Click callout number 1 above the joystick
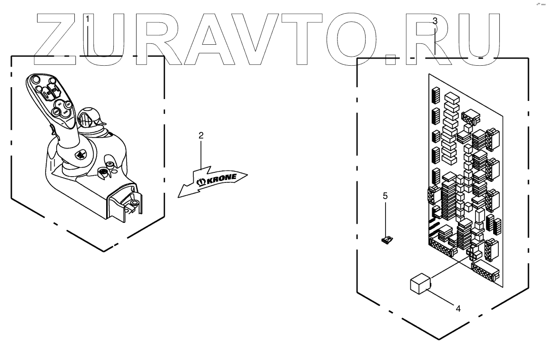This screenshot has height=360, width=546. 88,19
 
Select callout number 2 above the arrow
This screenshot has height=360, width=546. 201,136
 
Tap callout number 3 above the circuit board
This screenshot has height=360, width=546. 435,20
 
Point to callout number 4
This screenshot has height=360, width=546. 458,308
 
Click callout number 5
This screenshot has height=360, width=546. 386,195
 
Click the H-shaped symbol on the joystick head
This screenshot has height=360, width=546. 50,91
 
